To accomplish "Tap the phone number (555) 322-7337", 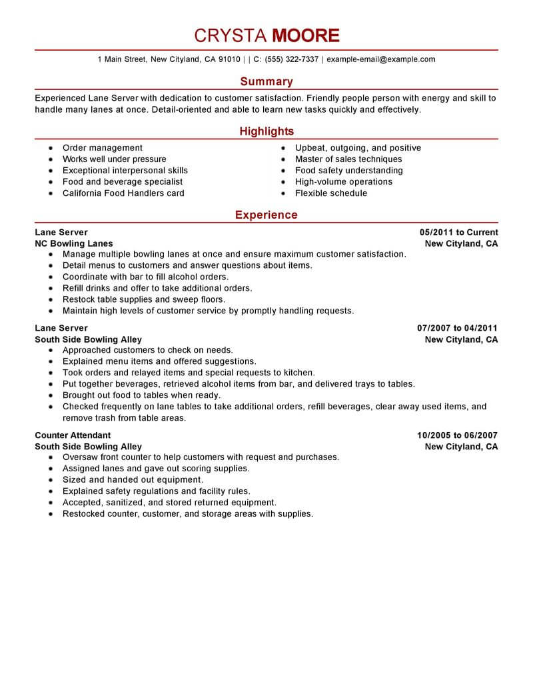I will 291,59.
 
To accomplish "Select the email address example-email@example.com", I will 381,59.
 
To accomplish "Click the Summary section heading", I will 266,81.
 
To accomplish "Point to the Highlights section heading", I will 266,131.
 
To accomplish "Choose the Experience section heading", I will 266,215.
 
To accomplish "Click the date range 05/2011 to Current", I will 458,233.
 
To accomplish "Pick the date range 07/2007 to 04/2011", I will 457,328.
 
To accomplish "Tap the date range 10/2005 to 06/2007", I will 457,435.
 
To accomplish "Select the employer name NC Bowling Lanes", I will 74,243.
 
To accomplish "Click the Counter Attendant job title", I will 73,435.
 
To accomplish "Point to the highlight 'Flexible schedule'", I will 330,193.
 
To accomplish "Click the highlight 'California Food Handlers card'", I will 123,193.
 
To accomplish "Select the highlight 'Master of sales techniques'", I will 348,159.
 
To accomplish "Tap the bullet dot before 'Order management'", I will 51,149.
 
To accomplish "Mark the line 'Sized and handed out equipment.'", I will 133,480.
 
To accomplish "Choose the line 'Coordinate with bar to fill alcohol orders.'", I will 145,277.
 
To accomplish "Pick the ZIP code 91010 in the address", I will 229,59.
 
